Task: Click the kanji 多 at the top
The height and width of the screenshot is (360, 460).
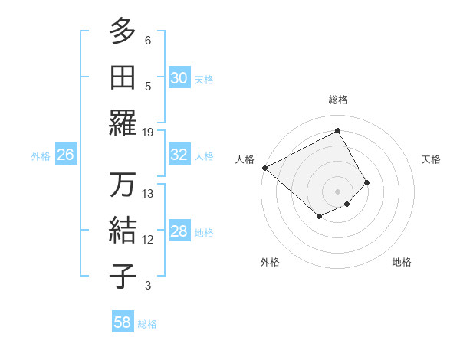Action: tap(123, 31)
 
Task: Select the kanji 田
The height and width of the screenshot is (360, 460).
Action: tap(123, 77)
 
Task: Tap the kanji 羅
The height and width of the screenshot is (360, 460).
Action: tap(123, 123)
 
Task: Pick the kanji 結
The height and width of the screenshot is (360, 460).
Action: tap(123, 231)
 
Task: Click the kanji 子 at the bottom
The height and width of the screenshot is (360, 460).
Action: tap(123, 277)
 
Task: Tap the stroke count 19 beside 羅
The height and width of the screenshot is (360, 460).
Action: tap(148, 133)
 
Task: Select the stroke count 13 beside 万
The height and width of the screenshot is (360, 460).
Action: tap(148, 194)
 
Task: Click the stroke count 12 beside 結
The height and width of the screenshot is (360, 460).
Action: tap(148, 240)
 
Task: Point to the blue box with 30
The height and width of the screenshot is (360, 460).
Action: tap(179, 78)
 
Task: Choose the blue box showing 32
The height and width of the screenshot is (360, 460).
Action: tap(179, 155)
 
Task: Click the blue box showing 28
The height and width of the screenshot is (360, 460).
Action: tap(179, 231)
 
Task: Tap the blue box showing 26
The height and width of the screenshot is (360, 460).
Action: tap(65, 155)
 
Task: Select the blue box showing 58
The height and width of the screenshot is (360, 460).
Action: tap(122, 322)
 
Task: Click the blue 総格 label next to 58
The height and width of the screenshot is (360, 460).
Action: tap(147, 324)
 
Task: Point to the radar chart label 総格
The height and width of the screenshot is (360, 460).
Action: tap(337, 100)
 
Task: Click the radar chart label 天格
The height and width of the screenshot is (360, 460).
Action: tap(431, 159)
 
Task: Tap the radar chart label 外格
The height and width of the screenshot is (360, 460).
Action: tap(270, 262)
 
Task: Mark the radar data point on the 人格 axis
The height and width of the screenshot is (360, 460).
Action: tap(264, 168)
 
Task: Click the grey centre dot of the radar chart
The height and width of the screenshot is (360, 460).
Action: tap(337, 191)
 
